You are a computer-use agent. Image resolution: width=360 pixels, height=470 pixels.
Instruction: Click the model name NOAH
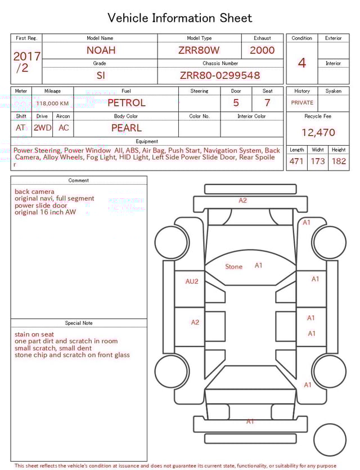(101, 50)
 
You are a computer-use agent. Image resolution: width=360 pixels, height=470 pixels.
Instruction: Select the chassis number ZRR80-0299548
(220, 75)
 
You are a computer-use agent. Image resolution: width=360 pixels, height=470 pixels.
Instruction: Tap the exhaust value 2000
(262, 50)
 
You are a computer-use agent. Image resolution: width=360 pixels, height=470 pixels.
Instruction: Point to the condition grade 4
(302, 63)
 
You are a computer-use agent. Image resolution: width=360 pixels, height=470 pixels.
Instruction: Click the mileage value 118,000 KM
(52, 104)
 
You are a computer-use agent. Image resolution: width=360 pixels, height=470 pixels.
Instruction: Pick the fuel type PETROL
(127, 103)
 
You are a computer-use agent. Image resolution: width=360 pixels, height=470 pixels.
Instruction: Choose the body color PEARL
(127, 128)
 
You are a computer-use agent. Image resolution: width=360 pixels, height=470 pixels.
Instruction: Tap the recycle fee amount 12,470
(318, 132)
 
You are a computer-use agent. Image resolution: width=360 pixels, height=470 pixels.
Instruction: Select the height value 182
(339, 161)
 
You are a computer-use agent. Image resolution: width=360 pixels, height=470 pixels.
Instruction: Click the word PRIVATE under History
(302, 102)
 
